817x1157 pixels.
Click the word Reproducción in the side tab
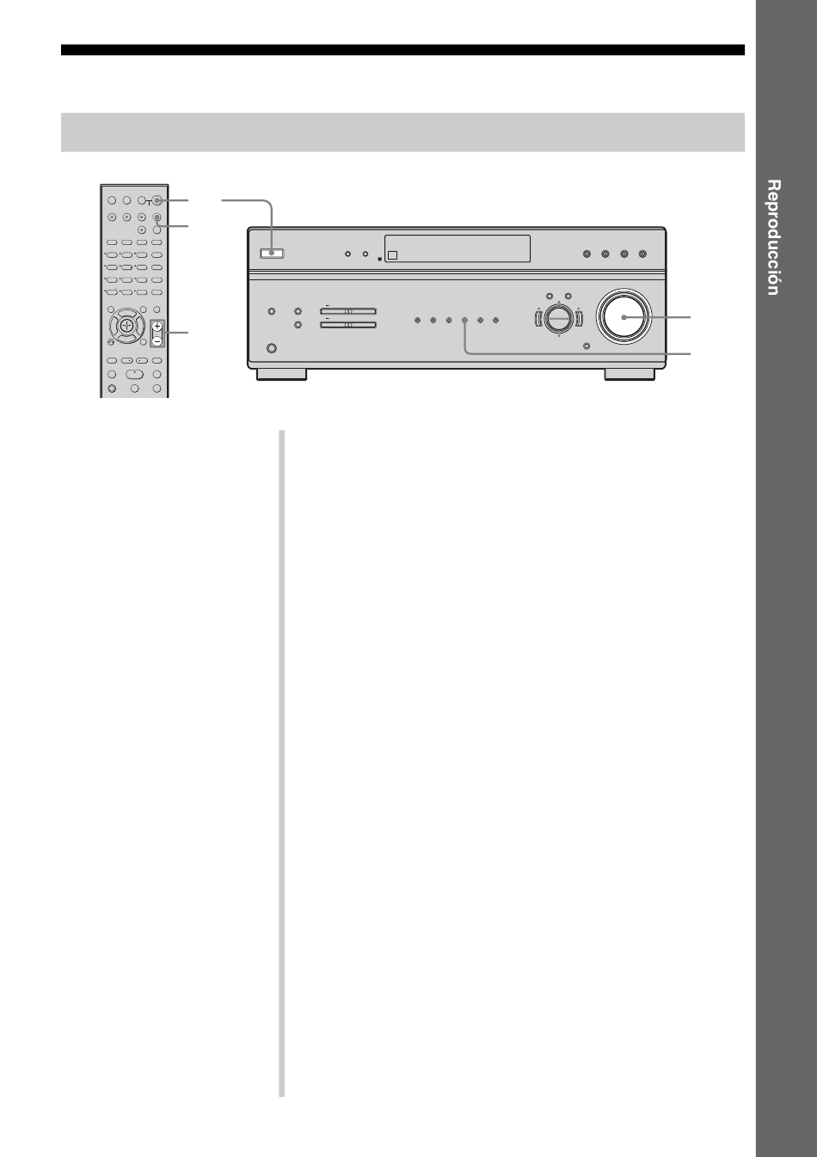coord(773,237)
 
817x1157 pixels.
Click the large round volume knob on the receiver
coord(623,317)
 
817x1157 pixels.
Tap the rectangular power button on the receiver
coord(272,253)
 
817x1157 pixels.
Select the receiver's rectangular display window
coord(458,248)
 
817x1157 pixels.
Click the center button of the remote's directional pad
coord(126,325)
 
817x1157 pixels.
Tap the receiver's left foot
coord(281,374)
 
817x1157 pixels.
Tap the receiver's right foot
coord(630,374)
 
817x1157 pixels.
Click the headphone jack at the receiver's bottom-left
coord(271,349)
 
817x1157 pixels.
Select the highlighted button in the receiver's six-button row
coord(464,321)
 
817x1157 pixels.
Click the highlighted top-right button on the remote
coord(157,200)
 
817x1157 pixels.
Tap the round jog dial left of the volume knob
coord(559,319)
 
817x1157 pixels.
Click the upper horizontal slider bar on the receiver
coord(348,311)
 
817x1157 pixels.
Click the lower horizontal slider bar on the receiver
coord(348,325)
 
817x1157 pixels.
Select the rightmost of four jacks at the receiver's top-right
coord(643,254)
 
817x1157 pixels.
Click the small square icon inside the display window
coord(392,255)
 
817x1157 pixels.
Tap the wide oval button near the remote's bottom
coord(134,374)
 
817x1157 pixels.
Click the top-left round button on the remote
coord(112,200)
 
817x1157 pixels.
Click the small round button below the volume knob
coord(586,346)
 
